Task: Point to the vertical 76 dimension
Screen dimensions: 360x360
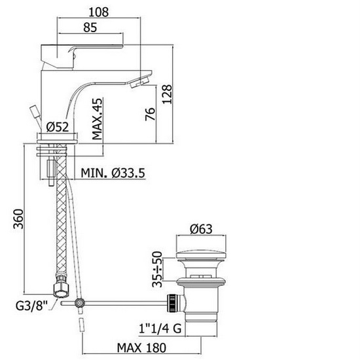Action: point(151,115)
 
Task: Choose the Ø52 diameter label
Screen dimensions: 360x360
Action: point(58,128)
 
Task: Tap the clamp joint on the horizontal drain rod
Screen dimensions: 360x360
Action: point(80,303)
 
